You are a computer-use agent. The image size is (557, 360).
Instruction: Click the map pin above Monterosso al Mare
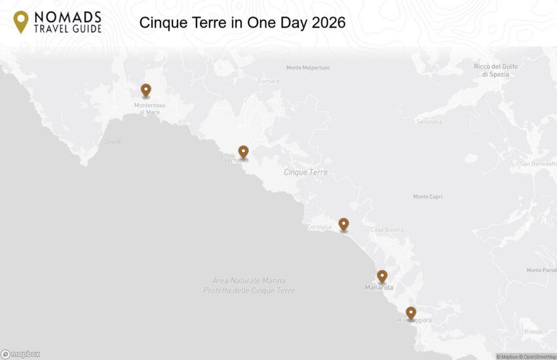(x=145, y=90)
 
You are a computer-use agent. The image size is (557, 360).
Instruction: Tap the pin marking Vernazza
(x=243, y=151)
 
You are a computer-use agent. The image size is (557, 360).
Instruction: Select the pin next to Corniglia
(x=343, y=224)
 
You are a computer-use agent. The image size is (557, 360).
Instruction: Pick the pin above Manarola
(x=382, y=276)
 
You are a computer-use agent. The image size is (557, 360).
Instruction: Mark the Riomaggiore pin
(x=411, y=313)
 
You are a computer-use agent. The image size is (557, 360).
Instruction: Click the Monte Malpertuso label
(x=308, y=68)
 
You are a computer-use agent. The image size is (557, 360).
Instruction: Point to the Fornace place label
(x=269, y=81)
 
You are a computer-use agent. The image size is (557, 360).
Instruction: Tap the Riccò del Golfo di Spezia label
(x=495, y=70)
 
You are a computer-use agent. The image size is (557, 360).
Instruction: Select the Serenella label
(x=429, y=121)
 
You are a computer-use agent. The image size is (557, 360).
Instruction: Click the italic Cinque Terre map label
(x=305, y=172)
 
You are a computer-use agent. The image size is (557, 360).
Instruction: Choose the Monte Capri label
(x=429, y=197)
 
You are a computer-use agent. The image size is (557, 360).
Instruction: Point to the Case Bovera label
(x=387, y=230)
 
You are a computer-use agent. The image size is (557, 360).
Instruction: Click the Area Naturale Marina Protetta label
(x=249, y=285)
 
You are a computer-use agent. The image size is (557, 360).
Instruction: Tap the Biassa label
(x=533, y=332)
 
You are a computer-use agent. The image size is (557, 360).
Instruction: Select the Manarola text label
(x=379, y=288)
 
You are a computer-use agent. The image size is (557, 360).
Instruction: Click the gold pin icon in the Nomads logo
(x=21, y=22)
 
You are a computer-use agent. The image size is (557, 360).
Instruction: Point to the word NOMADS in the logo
(x=68, y=16)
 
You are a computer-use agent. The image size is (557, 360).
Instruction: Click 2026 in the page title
(x=329, y=23)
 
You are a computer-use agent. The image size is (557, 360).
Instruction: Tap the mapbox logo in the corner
(x=20, y=354)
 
